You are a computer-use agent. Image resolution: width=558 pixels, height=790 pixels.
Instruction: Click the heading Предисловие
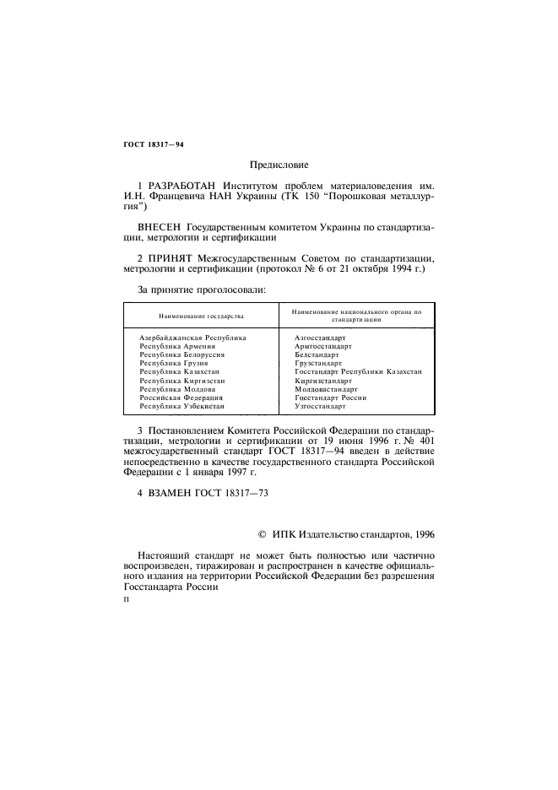coord(279,165)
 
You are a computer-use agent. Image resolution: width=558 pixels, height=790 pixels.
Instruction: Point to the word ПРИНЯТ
coord(173,257)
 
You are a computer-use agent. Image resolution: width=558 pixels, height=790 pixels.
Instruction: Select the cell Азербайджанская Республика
coord(192,338)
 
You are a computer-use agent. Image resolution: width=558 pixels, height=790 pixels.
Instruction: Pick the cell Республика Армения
coord(178,346)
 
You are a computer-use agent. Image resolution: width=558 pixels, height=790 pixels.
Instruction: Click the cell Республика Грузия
coord(173,363)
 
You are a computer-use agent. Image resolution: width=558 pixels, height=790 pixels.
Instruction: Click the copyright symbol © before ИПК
coord(262,533)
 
